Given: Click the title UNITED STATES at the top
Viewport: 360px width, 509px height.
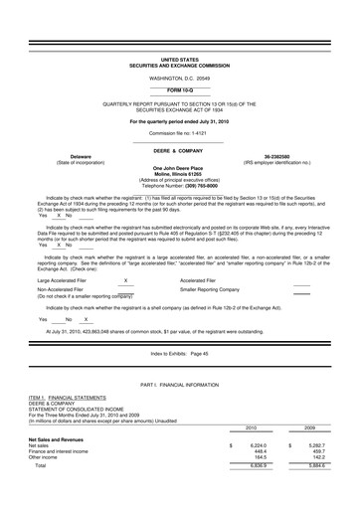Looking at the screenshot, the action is [179, 60].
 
